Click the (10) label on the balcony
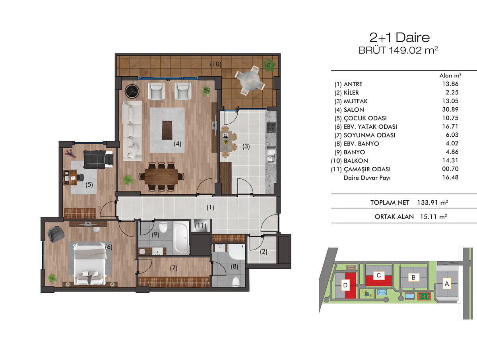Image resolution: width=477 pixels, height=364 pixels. point(215,64)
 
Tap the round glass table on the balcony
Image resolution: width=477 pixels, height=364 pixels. point(250,80)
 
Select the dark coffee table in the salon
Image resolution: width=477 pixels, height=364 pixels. point(167,130)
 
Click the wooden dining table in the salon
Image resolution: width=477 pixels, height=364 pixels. point(161,176)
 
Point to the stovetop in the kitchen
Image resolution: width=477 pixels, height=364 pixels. point(271,128)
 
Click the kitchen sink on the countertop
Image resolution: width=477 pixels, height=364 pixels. point(271,155)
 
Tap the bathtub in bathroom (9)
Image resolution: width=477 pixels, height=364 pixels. point(181,238)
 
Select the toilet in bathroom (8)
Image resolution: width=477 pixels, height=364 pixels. point(236,282)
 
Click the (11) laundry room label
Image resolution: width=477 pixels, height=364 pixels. point(200,226)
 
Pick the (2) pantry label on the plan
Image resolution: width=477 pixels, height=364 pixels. point(264,252)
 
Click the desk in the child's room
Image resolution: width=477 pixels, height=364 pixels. point(70,177)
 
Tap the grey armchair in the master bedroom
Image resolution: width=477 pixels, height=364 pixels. point(56,234)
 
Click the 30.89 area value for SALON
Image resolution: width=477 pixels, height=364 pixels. point(450,109)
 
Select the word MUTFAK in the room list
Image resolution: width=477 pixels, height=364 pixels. point(355,101)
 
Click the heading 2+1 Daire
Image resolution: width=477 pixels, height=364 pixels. point(399,37)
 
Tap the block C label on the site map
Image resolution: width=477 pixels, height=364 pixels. point(379,275)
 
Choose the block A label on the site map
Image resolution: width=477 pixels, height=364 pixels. point(447,283)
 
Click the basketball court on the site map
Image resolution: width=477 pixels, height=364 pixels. point(424,296)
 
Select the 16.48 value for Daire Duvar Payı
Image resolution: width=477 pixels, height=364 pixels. point(450,178)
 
